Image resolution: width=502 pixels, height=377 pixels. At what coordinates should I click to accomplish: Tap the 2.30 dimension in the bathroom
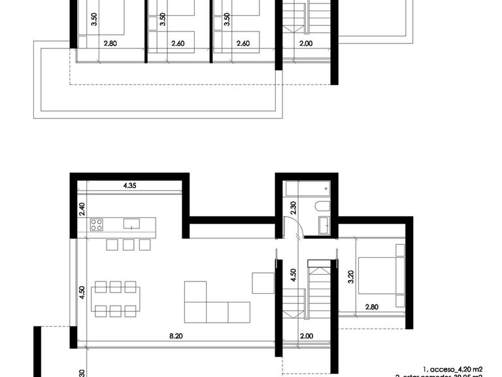[x=293, y=209]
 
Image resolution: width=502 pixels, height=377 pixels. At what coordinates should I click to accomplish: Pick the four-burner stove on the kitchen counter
[x=97, y=224]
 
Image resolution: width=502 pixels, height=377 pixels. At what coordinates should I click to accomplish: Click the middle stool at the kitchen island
[x=128, y=244]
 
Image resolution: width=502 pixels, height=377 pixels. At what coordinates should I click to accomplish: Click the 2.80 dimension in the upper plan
[x=109, y=45]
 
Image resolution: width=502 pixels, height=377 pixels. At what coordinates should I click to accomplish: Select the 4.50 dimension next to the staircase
[x=293, y=275]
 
